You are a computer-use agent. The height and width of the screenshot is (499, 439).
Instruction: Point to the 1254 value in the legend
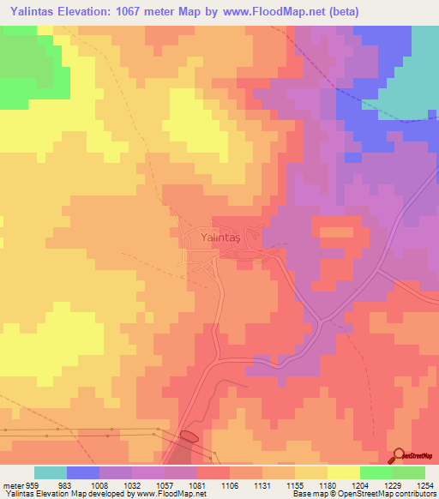point(424,484)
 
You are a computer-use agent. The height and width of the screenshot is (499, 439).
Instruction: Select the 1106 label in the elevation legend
point(230,484)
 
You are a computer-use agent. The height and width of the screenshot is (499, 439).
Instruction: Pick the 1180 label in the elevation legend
point(327,484)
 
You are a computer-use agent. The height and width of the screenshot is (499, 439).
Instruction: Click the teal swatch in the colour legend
point(51,472)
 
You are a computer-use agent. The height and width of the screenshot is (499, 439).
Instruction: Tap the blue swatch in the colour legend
point(83,472)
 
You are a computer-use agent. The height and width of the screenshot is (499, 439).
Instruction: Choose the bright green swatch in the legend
point(376,472)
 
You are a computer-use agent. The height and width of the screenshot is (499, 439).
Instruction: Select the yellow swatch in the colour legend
point(344,472)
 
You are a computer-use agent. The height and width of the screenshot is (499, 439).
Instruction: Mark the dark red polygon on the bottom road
point(189,437)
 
